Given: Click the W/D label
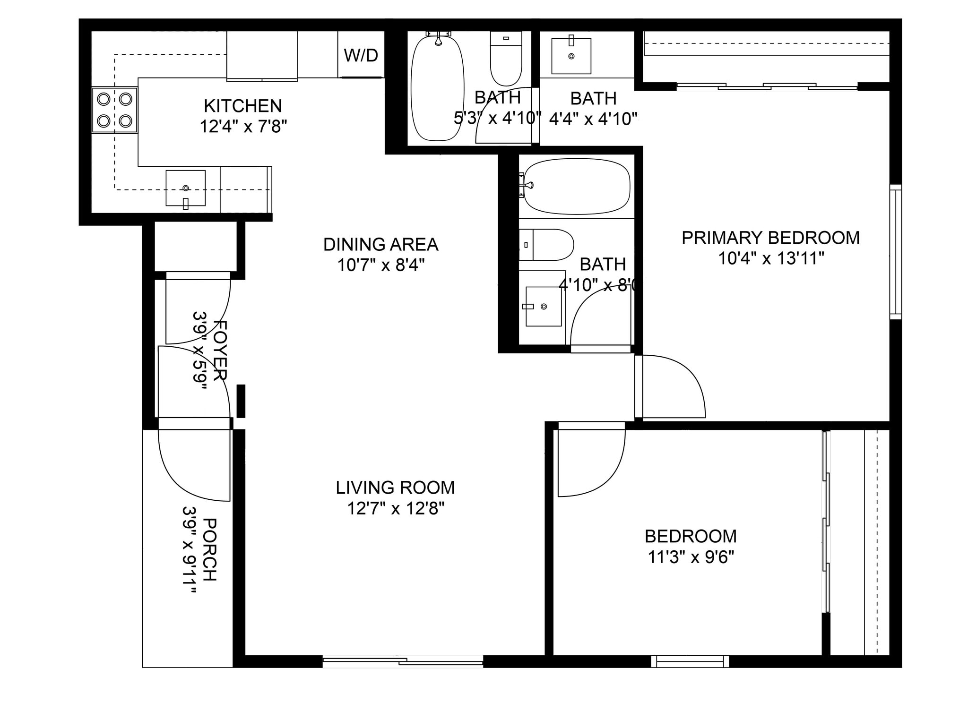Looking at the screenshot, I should (x=361, y=55).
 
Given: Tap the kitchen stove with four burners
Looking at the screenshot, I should (x=114, y=110).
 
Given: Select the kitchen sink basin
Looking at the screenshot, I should (x=185, y=188).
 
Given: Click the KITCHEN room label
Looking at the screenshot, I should (x=243, y=105).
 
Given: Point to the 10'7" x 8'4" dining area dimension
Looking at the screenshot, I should (x=381, y=265).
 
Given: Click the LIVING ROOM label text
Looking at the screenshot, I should (x=395, y=488).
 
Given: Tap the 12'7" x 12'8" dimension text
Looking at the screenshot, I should (x=396, y=509).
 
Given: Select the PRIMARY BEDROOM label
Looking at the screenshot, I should (x=770, y=238).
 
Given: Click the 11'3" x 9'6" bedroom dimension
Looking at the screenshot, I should (x=691, y=557).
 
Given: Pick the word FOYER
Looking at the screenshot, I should (x=220, y=350).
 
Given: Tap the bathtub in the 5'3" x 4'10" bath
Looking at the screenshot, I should (x=437, y=88).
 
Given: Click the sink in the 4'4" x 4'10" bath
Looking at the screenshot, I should (x=571, y=56).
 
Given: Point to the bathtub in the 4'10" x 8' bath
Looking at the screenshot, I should (x=577, y=186).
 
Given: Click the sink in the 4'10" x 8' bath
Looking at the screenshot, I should (x=544, y=307).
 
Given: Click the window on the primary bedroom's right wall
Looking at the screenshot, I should (x=895, y=252).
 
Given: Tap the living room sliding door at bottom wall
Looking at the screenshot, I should (x=403, y=661).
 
